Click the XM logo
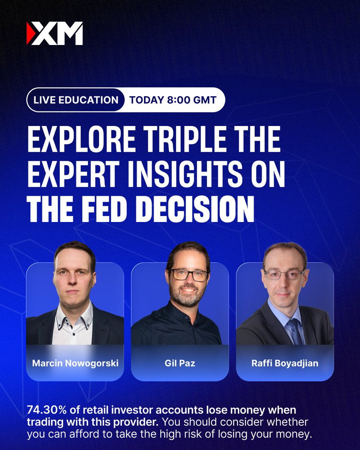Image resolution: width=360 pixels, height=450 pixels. [55, 33]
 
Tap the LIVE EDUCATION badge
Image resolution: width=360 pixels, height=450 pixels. [76, 100]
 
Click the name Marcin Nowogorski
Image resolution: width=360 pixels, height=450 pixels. [75, 363]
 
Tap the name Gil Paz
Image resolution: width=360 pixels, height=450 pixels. [180, 363]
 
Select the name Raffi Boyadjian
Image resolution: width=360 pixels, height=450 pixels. [285, 363]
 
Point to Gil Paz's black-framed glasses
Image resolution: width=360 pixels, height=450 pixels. [189, 275]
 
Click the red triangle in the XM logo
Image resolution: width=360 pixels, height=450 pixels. [29, 33]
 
